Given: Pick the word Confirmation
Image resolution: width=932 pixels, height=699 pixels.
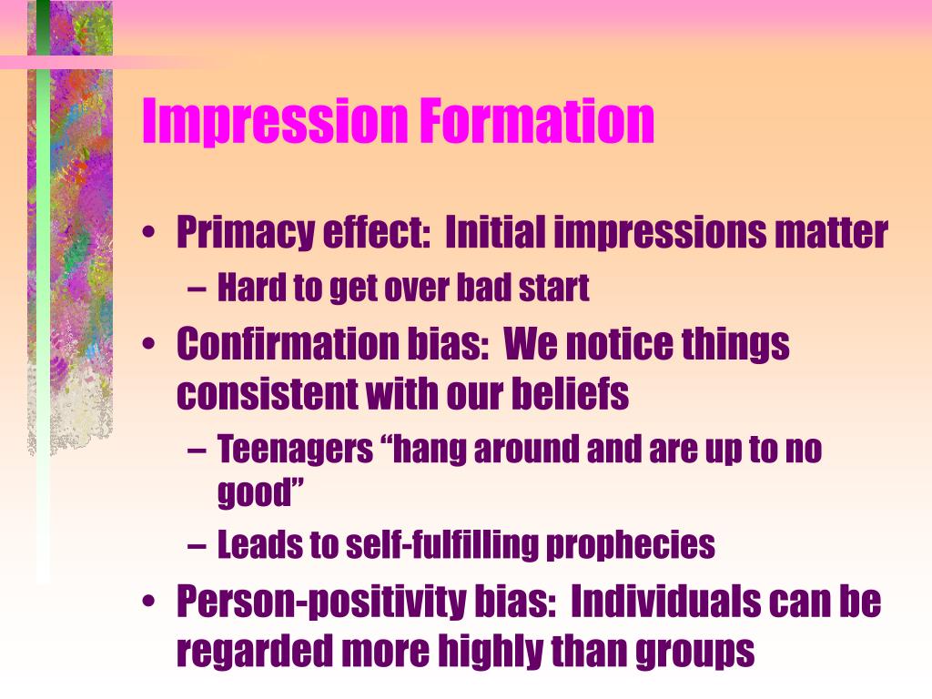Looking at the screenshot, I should point(284,345).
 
